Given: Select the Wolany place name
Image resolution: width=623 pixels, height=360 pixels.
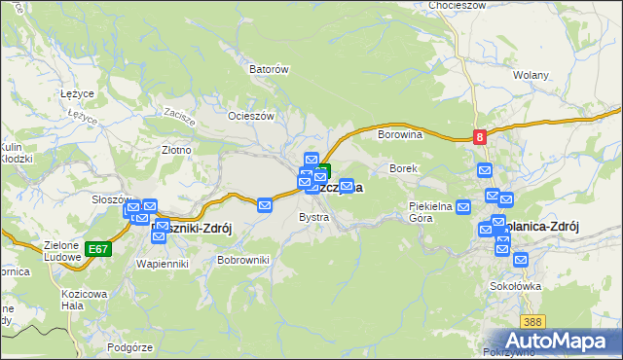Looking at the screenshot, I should (x=531, y=75).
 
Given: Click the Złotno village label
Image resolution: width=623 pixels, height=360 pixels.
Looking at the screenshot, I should (x=175, y=151).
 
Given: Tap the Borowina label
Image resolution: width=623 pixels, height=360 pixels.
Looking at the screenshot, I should (x=399, y=134).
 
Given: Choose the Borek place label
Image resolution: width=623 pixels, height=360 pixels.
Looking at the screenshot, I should (x=403, y=168).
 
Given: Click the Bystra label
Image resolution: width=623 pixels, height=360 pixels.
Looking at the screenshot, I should (x=313, y=217).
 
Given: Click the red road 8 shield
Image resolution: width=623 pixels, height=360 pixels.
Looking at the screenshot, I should (x=480, y=138).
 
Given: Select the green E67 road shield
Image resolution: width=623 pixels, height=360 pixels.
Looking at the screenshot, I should (x=97, y=249).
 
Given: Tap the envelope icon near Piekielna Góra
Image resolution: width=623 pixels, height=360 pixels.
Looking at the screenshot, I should (x=463, y=206).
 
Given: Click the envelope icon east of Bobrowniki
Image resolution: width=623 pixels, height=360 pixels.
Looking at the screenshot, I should (x=265, y=204).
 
